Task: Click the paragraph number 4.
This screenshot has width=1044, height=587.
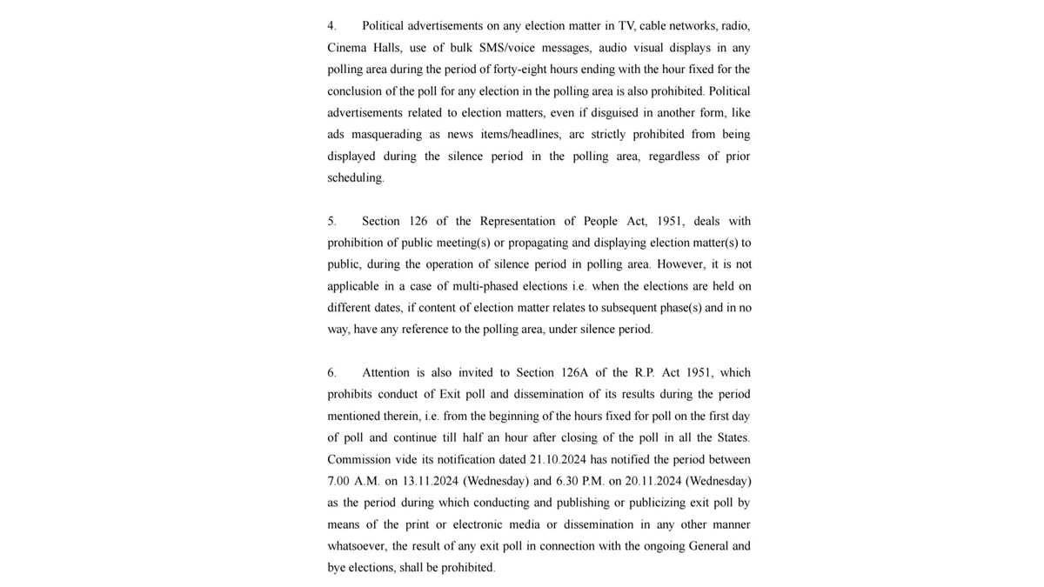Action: click(x=331, y=26)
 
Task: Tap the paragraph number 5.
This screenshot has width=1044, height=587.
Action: click(x=331, y=221)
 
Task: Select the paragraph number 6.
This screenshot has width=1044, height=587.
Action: click(x=331, y=372)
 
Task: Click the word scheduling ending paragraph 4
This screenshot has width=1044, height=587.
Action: click(x=354, y=178)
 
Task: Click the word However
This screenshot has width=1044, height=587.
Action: click(x=682, y=264)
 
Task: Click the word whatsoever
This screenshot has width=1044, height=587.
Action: click(x=357, y=546)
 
